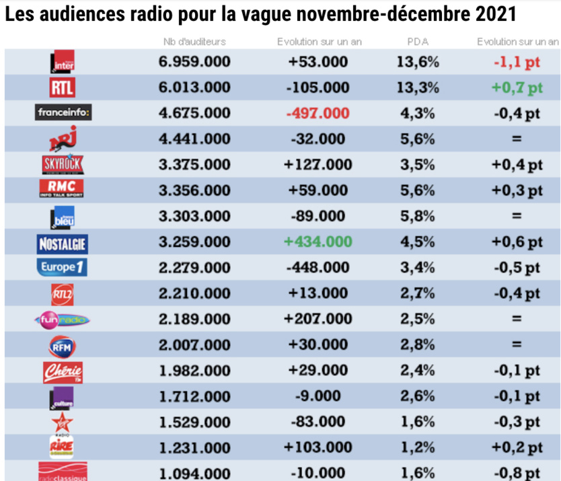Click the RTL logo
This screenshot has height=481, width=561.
click(63, 87)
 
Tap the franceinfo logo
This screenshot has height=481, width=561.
click(63, 113)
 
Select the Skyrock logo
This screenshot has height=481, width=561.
click(63, 164)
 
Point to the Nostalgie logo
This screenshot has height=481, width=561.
click(63, 242)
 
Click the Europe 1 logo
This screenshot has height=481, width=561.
click(63, 267)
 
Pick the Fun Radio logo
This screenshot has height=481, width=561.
click(63, 319)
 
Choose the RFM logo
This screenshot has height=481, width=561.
click(63, 344)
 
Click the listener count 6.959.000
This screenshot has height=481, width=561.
click(195, 63)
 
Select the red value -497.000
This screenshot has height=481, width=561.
click(318, 113)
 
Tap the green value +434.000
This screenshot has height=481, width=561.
click(318, 242)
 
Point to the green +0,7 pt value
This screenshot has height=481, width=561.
click(517, 87)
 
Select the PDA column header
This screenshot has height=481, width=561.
click(418, 42)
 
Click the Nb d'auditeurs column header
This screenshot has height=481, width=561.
click(194, 42)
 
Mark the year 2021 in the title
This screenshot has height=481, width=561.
click(498, 15)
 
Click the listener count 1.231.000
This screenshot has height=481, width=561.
click(195, 447)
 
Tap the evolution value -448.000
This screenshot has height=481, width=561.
click(318, 268)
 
